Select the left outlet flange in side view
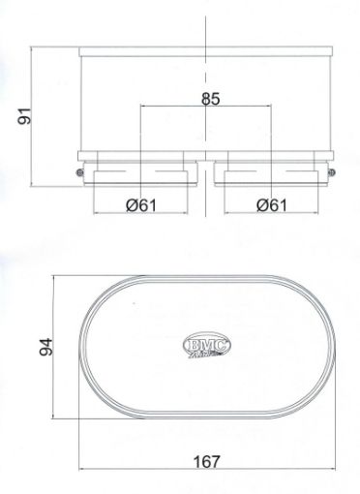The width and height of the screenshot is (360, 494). (140, 172)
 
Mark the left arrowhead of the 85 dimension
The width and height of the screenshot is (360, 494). (142, 107)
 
